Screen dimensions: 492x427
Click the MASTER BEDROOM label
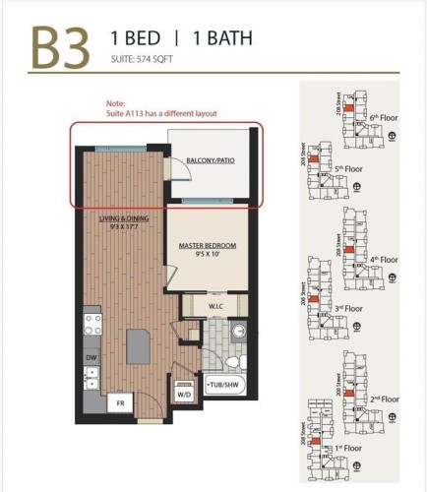point(204,245)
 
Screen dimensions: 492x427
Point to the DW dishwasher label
point(91,357)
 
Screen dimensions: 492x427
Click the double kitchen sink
point(91,377)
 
